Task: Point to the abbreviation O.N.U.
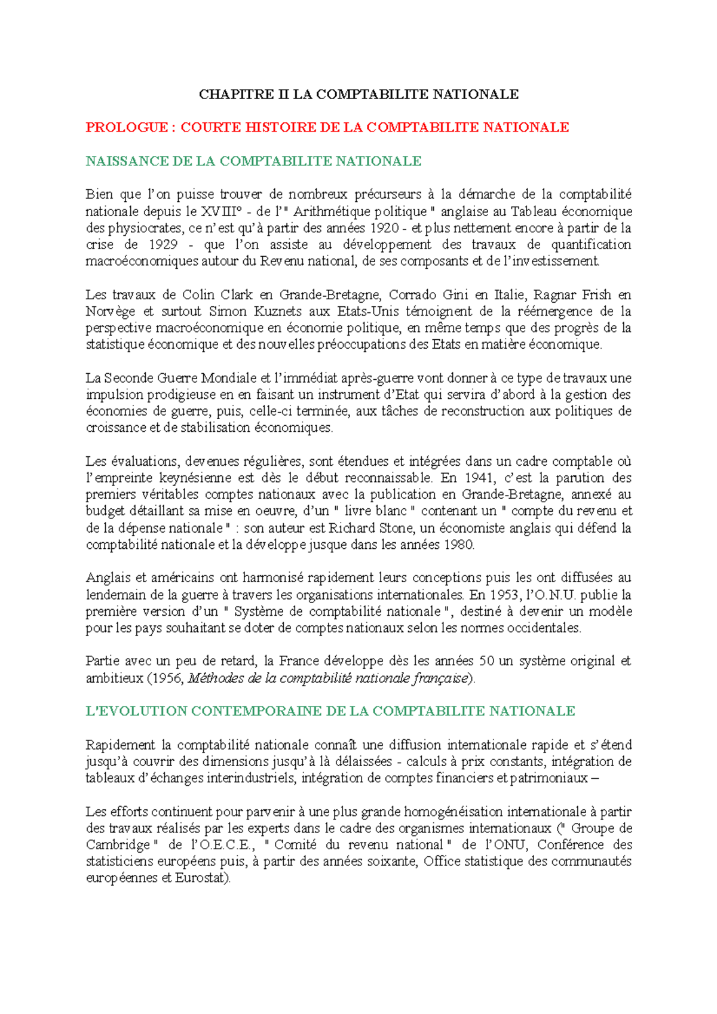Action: [x=551, y=595]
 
